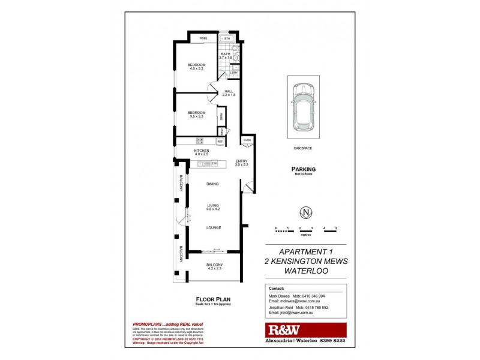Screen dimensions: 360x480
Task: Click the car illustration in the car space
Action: [304, 107]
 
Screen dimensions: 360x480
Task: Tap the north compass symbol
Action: [306, 212]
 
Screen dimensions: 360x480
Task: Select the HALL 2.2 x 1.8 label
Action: [229, 93]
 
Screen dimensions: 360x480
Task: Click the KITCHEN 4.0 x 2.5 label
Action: [201, 152]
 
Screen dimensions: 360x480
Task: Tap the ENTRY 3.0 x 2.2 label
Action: [241, 163]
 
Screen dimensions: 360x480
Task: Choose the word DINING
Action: [212, 184]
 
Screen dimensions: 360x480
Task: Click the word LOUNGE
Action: [213, 227]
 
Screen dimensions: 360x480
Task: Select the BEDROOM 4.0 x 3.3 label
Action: [196, 67]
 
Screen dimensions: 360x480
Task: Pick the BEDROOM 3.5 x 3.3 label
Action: [196, 114]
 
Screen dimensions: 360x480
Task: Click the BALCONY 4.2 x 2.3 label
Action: [214, 266]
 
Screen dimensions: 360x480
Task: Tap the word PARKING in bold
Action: [304, 169]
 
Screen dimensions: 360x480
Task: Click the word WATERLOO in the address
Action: [306, 271]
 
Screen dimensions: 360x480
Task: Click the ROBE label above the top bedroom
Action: [204, 38]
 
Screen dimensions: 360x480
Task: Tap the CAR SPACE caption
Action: [303, 148]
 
